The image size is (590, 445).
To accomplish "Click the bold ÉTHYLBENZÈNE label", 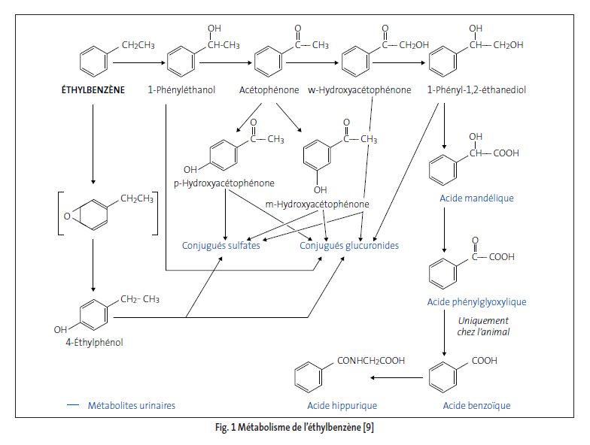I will pyautogui.click(x=93, y=90).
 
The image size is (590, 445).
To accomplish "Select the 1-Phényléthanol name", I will pyautogui.click(x=181, y=90).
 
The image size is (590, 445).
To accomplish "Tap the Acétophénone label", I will pyautogui.click(x=268, y=90).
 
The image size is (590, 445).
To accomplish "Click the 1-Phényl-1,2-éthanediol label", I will pyautogui.click(x=476, y=90).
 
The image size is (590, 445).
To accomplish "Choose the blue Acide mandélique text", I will pyautogui.click(x=476, y=198).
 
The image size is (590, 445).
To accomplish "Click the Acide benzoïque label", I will pyautogui.click(x=475, y=406).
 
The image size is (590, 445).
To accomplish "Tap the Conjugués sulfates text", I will pyautogui.click(x=220, y=246).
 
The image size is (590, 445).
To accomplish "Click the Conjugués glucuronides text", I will pyautogui.click(x=349, y=246).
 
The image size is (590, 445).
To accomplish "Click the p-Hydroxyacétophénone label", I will pyautogui.click(x=234, y=183).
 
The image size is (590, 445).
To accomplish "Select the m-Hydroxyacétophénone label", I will pyautogui.click(x=317, y=204).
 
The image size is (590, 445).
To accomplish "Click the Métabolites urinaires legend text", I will pyautogui.click(x=131, y=406).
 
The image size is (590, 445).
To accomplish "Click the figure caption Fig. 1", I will pyautogui.click(x=293, y=428).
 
